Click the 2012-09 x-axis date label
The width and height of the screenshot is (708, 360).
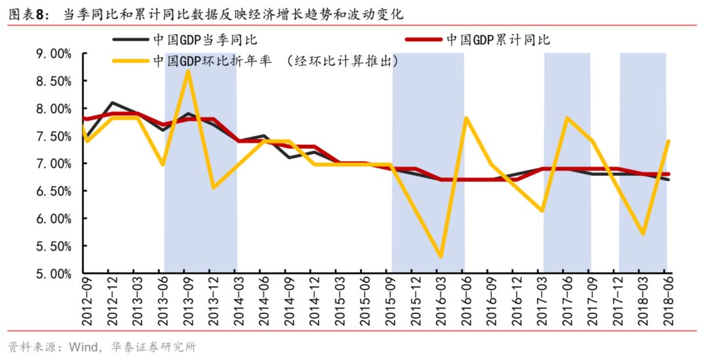(x=87, y=300)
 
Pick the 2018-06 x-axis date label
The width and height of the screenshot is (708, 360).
(x=667, y=300)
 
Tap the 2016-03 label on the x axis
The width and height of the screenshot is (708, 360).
(x=440, y=300)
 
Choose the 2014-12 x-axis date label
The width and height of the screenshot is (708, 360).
(x=313, y=300)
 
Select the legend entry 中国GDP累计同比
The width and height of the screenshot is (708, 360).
(x=500, y=40)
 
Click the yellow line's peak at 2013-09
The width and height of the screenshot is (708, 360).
(x=187, y=71)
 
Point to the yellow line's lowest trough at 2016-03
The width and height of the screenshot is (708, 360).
(x=440, y=256)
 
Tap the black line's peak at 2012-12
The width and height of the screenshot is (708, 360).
(x=111, y=103)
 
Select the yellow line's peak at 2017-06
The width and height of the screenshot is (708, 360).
(x=566, y=118)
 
